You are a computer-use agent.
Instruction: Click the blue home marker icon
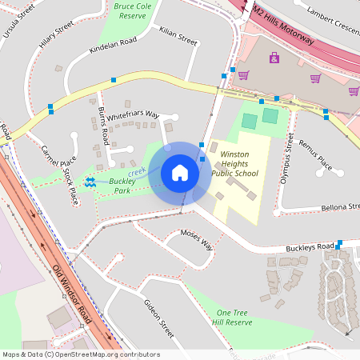pos(180,173)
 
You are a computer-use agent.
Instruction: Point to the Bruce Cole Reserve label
pos(132,10)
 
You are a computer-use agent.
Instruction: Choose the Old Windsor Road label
pos(71,297)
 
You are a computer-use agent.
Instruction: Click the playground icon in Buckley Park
pos(90,182)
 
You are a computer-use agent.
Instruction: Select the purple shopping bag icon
pos(274,58)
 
